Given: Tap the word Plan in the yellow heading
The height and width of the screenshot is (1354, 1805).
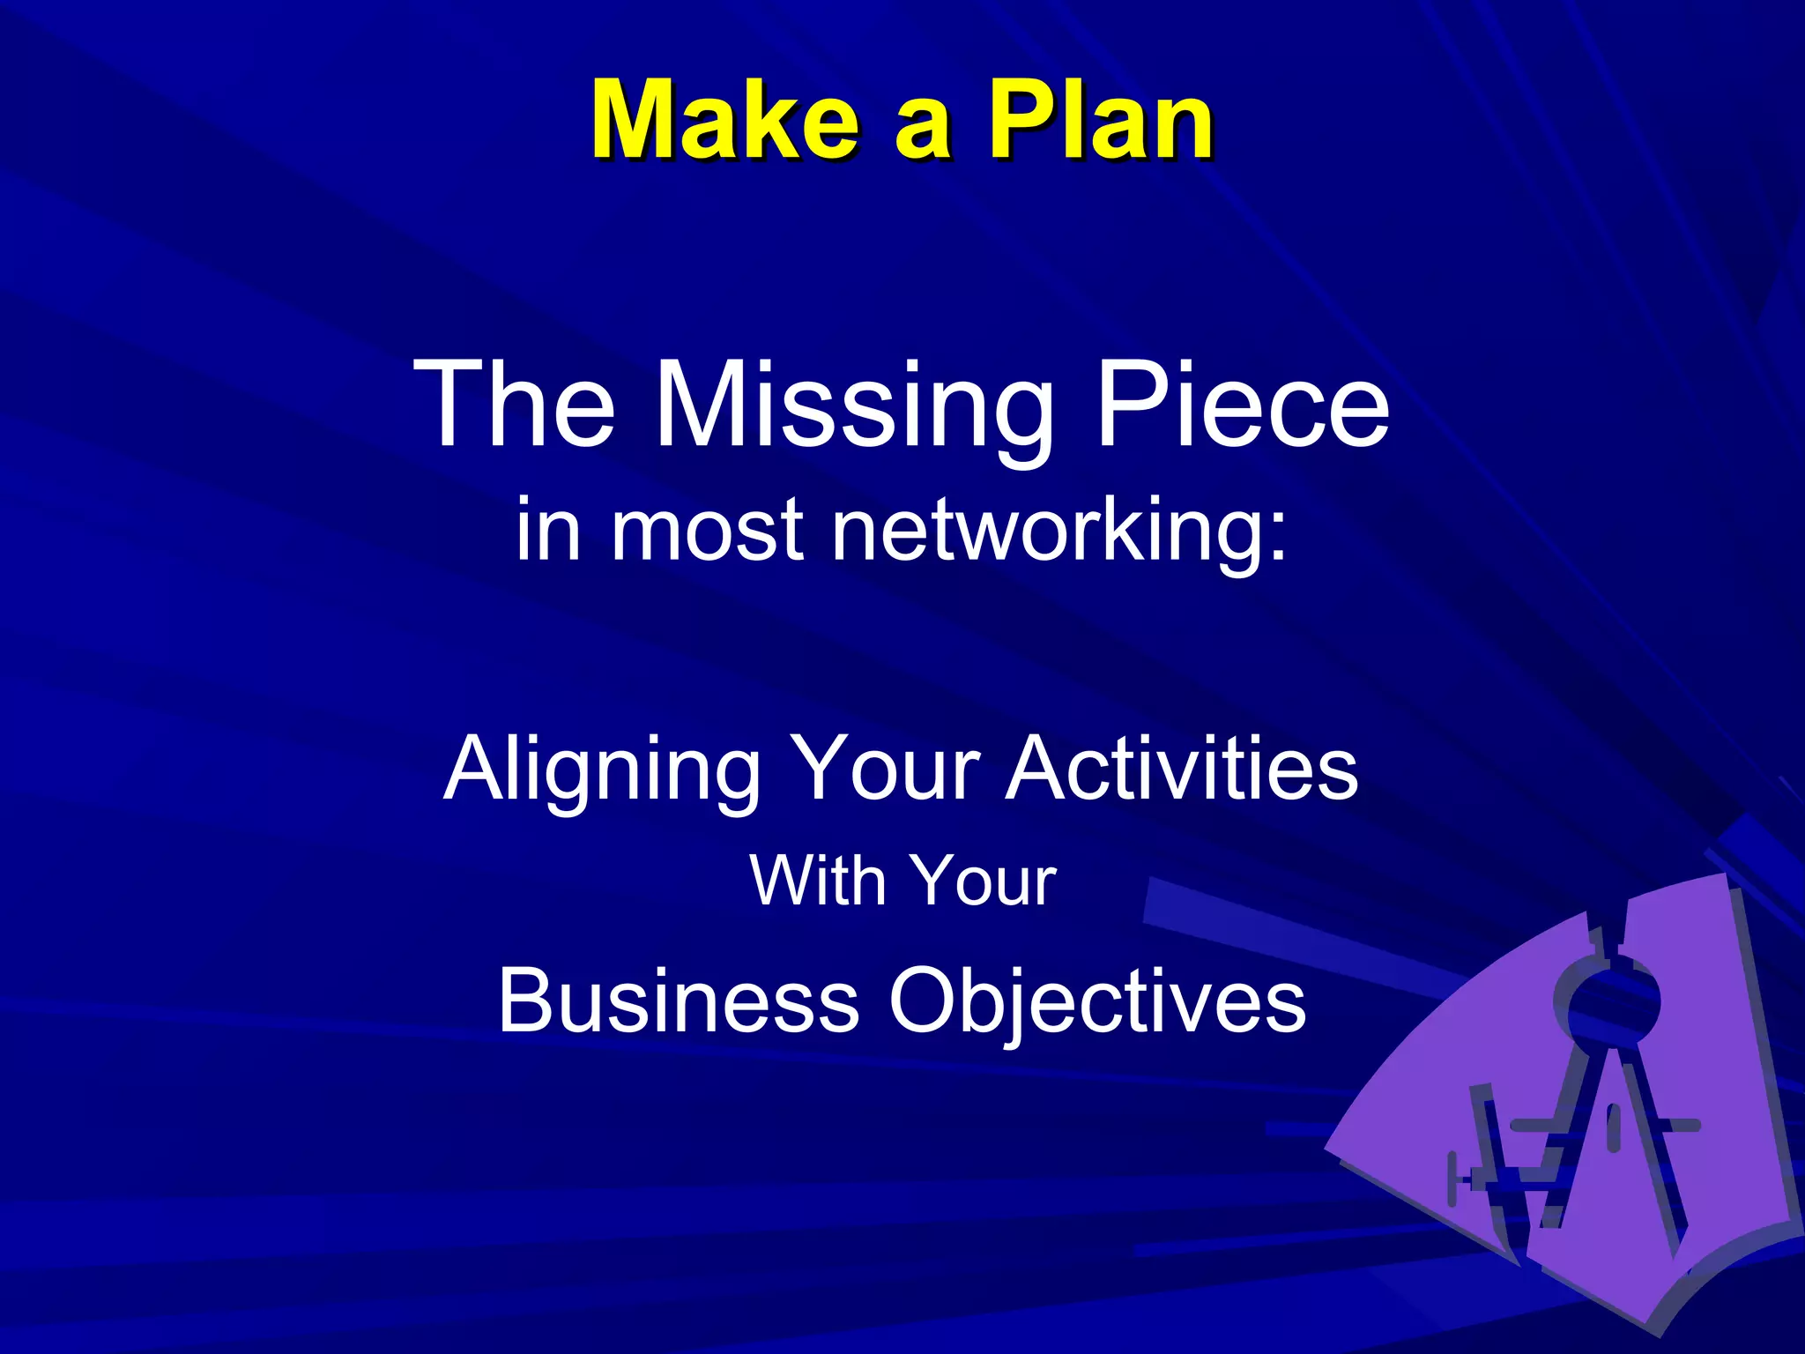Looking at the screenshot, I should coord(1101,121).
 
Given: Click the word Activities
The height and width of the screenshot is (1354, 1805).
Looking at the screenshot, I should coord(1182,769).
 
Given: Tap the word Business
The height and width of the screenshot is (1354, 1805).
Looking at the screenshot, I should coord(678,1001).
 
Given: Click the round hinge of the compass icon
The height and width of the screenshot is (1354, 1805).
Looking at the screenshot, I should coord(1612,1001).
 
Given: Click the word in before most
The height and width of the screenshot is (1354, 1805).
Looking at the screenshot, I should coord(547,530).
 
